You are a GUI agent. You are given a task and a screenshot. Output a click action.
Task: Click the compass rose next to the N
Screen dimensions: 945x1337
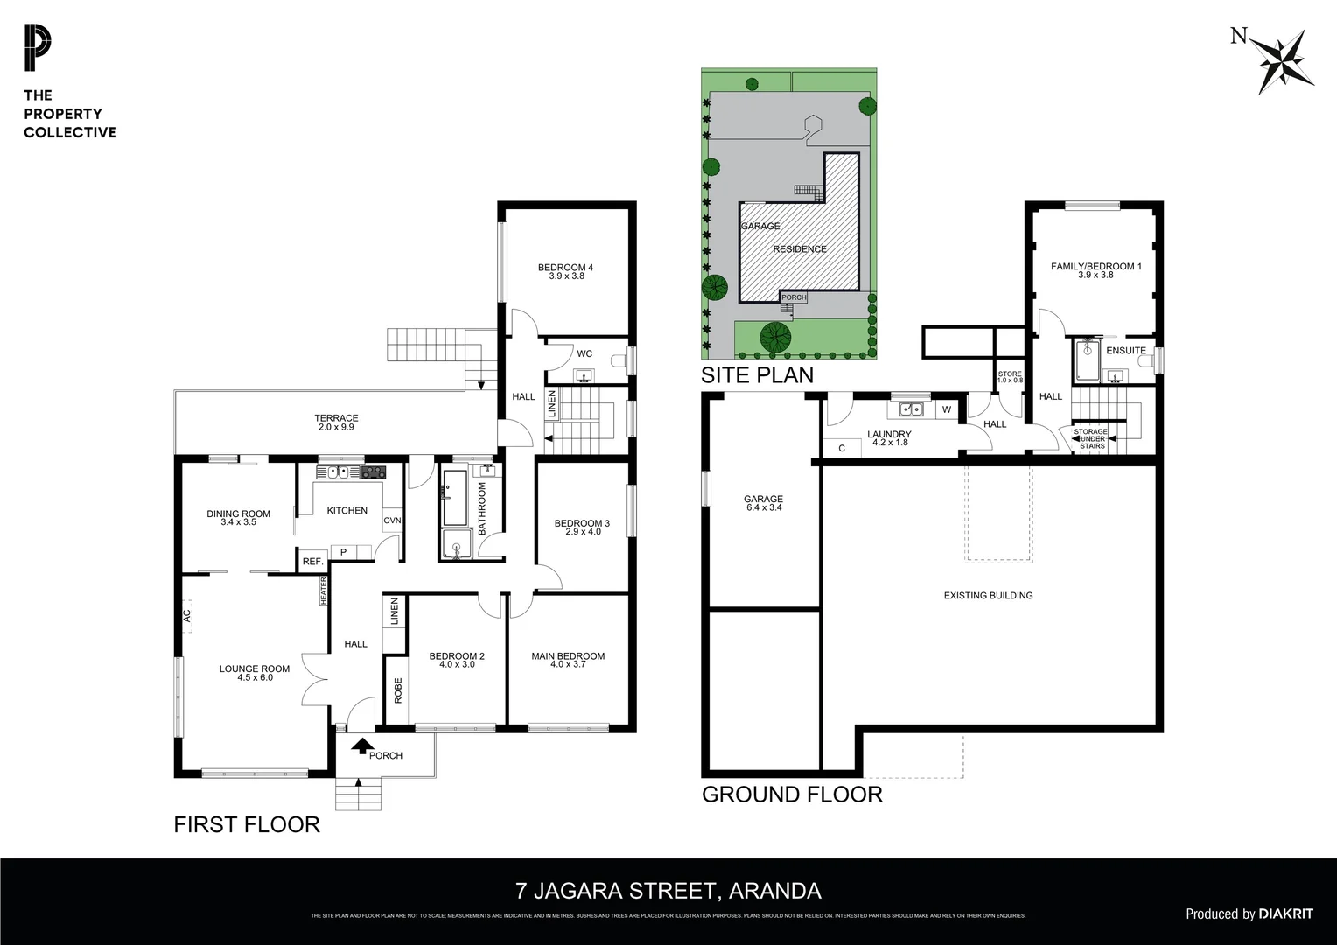(1285, 61)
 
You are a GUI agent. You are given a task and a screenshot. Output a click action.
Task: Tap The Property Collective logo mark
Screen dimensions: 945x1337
(38, 49)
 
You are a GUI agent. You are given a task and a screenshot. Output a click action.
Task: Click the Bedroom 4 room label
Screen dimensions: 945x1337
(565, 268)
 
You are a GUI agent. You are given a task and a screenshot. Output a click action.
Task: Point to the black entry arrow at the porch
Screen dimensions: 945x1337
(360, 746)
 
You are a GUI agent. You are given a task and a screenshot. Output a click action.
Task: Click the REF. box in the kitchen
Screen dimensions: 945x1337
(312, 562)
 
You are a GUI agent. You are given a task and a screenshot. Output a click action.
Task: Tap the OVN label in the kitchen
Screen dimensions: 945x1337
(392, 521)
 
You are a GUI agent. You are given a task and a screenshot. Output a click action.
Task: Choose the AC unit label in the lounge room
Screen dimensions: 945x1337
(187, 616)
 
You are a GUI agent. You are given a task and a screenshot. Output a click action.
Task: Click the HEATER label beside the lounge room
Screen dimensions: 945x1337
(323, 591)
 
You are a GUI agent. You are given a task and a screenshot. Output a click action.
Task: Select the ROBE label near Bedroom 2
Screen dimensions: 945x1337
(397, 690)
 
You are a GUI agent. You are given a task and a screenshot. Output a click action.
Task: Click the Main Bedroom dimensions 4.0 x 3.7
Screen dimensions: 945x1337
(568, 665)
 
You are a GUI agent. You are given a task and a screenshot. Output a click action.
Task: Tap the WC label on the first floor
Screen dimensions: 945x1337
(584, 354)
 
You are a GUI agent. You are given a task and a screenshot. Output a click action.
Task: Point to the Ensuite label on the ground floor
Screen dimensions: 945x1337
(1125, 351)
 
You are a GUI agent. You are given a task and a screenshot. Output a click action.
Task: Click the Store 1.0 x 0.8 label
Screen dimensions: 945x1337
(1010, 377)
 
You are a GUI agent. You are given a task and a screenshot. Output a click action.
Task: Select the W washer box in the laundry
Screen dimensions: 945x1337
(947, 409)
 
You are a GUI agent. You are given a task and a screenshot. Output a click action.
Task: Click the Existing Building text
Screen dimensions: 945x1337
(988, 596)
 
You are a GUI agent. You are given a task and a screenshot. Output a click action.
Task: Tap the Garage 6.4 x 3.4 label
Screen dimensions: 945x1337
(763, 503)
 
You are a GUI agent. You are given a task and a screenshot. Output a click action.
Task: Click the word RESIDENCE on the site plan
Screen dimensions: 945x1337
(799, 249)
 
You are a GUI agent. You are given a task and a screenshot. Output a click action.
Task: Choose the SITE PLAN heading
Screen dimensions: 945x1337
(757, 375)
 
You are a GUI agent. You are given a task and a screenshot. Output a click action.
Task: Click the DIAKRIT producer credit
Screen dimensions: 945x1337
(1285, 913)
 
